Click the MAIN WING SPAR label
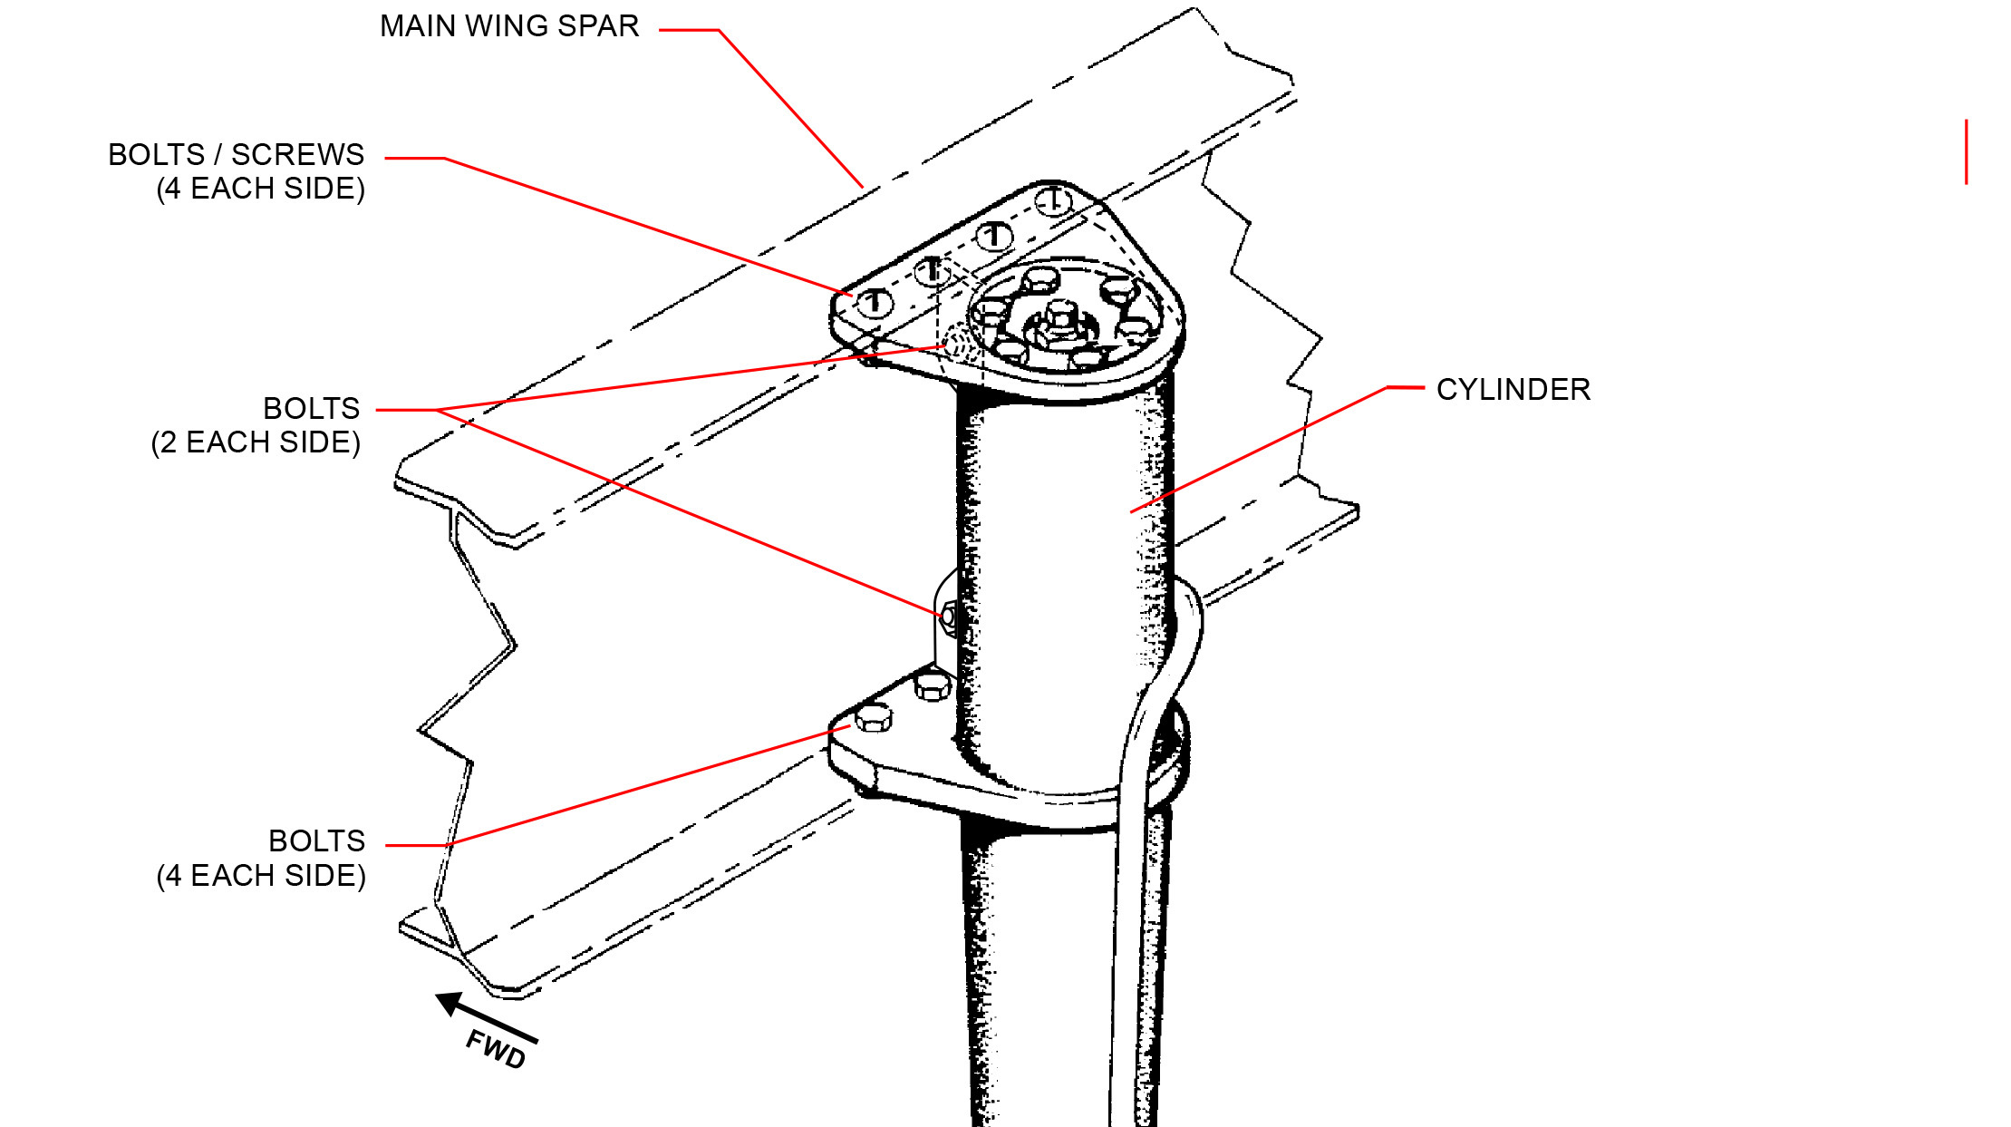[509, 26]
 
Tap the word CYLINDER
[1513, 390]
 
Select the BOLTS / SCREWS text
[236, 155]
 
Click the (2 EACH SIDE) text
[256, 442]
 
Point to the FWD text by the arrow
[496, 1049]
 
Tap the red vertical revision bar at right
[1966, 151]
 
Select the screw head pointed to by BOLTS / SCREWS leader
[874, 301]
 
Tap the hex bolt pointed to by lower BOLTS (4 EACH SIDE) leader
[874, 719]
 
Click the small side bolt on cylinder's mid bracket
[948, 616]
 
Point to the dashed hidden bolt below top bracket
[957, 343]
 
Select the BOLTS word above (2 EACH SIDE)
[311, 409]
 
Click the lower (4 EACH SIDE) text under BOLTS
[261, 876]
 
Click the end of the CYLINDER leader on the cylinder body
[1133, 511]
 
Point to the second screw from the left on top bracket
[932, 270]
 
